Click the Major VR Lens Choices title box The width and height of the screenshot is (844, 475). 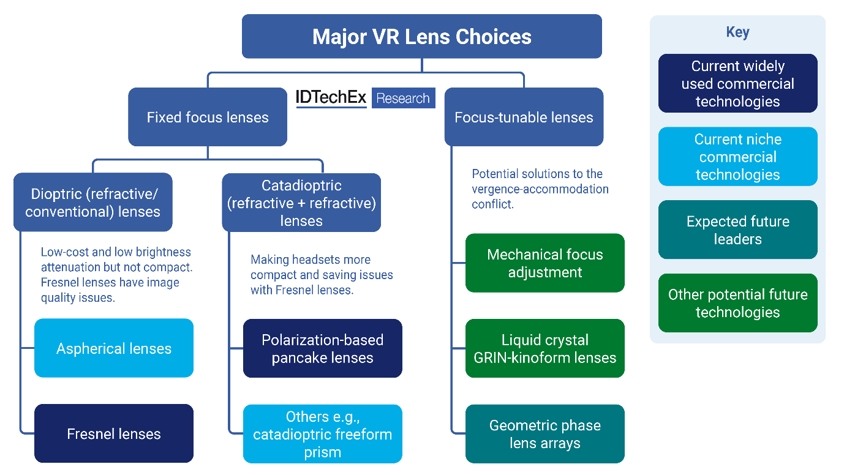[x=421, y=37]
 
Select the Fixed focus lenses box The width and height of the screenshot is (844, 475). [x=208, y=117]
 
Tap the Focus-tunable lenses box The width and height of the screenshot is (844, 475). [x=524, y=117]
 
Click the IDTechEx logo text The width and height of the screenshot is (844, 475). [x=331, y=98]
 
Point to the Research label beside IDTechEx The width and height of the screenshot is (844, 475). [x=402, y=99]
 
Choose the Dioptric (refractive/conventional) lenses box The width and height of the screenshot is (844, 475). [x=92, y=203]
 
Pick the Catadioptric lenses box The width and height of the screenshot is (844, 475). [x=301, y=203]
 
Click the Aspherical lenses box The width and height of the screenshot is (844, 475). [x=114, y=348]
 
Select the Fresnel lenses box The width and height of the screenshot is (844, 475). [x=114, y=434]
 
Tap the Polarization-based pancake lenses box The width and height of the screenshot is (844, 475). [x=323, y=348]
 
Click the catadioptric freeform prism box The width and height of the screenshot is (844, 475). [x=323, y=434]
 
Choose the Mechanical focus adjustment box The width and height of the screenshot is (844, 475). [x=545, y=263]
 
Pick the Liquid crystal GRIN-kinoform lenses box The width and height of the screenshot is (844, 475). [x=545, y=348]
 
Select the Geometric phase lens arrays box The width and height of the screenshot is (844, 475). [x=545, y=434]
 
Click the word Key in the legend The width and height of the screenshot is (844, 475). [x=737, y=32]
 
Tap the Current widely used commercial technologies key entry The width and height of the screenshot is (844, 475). [x=737, y=83]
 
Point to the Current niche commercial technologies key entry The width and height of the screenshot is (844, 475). [x=737, y=157]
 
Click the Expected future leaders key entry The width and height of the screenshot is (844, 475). [x=737, y=230]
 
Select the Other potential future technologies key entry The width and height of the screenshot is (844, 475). [x=737, y=303]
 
